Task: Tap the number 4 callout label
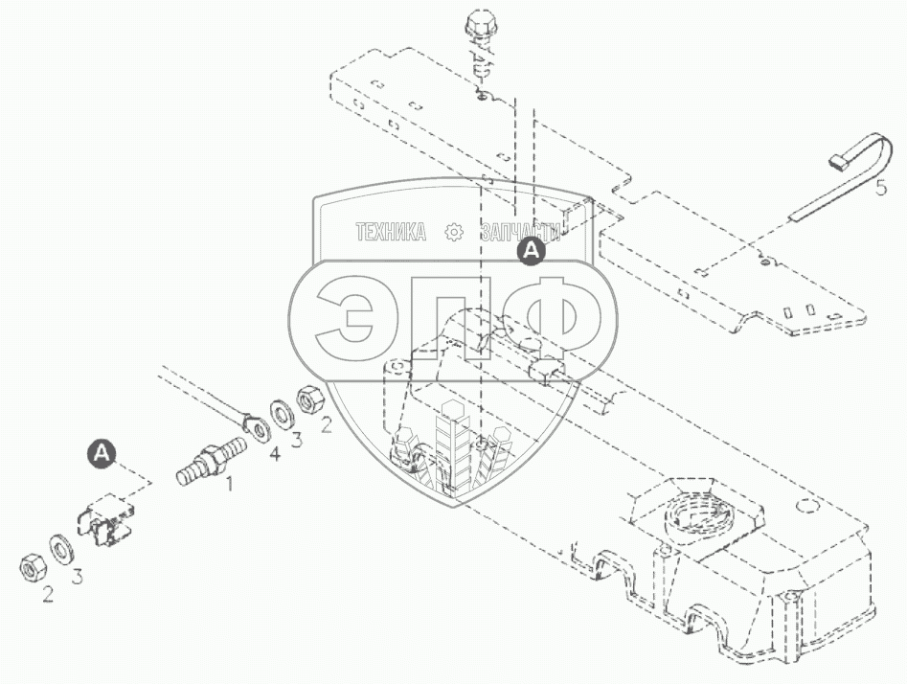click(276, 454)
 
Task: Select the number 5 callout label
click(881, 187)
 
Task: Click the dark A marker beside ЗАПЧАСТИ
click(531, 251)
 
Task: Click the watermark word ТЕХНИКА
click(390, 233)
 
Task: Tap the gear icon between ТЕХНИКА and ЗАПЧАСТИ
click(454, 233)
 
